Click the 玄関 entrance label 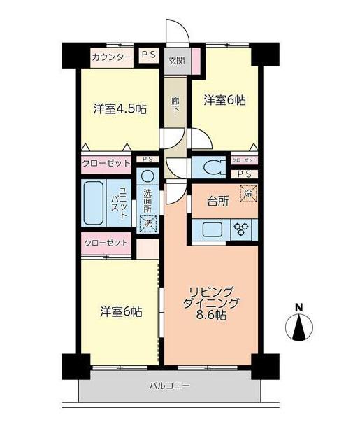pyautogui.click(x=177, y=61)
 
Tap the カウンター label pyautogui.click(x=112, y=57)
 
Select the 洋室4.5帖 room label pyautogui.click(x=120, y=109)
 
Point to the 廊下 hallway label pyautogui.click(x=175, y=105)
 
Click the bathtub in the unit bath pyautogui.click(x=94, y=203)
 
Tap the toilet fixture pyautogui.click(x=215, y=167)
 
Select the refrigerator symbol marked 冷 pyautogui.click(x=249, y=194)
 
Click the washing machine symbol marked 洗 pyautogui.click(x=147, y=224)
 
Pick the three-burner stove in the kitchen pyautogui.click(x=241, y=229)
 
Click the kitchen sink pyautogui.click(x=213, y=229)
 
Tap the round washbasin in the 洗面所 pyautogui.click(x=148, y=176)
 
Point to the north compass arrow pyautogui.click(x=298, y=327)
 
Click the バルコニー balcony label pyautogui.click(x=169, y=386)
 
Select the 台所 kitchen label pyautogui.click(x=218, y=202)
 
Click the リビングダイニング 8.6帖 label pyautogui.click(x=211, y=303)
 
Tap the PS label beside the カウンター pyautogui.click(x=149, y=54)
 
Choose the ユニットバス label pyautogui.click(x=119, y=203)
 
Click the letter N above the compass pyautogui.click(x=299, y=307)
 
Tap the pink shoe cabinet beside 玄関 pyautogui.click(x=196, y=61)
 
